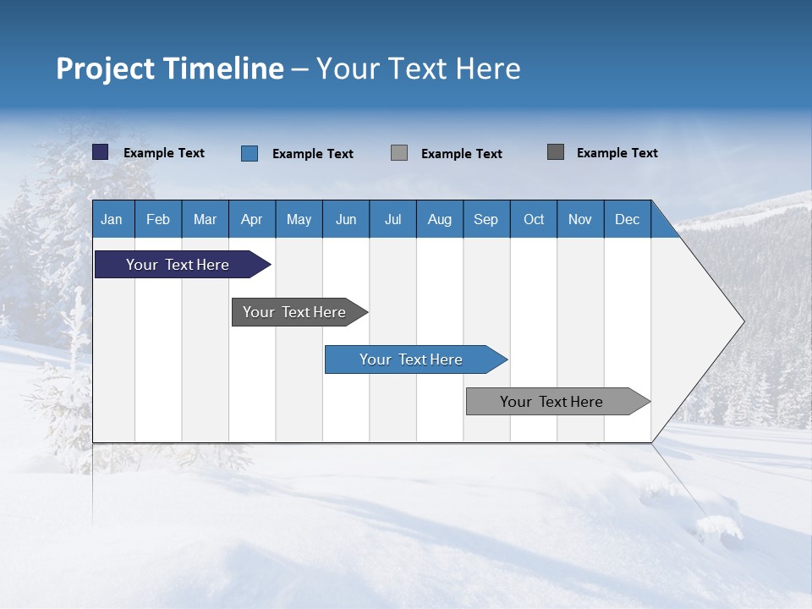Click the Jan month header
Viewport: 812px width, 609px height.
click(x=112, y=219)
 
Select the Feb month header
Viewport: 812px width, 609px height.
click(x=158, y=219)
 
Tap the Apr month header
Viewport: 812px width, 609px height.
click(x=251, y=219)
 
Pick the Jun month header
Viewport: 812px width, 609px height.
click(x=346, y=219)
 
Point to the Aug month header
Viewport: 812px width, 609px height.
click(x=439, y=219)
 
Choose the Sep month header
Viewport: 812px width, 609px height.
click(x=486, y=219)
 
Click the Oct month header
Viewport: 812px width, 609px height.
click(x=534, y=219)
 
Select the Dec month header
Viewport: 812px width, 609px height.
click(x=627, y=219)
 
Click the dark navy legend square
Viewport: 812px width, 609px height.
click(x=101, y=152)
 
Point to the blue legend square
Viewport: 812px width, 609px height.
click(x=250, y=153)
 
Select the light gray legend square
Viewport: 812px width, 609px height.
click(x=399, y=153)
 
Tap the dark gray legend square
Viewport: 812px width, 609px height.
click(x=556, y=152)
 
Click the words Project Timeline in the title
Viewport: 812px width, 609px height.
click(x=170, y=69)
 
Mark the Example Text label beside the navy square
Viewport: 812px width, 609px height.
click(x=164, y=153)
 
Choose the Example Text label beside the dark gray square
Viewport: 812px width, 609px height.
click(x=617, y=153)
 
